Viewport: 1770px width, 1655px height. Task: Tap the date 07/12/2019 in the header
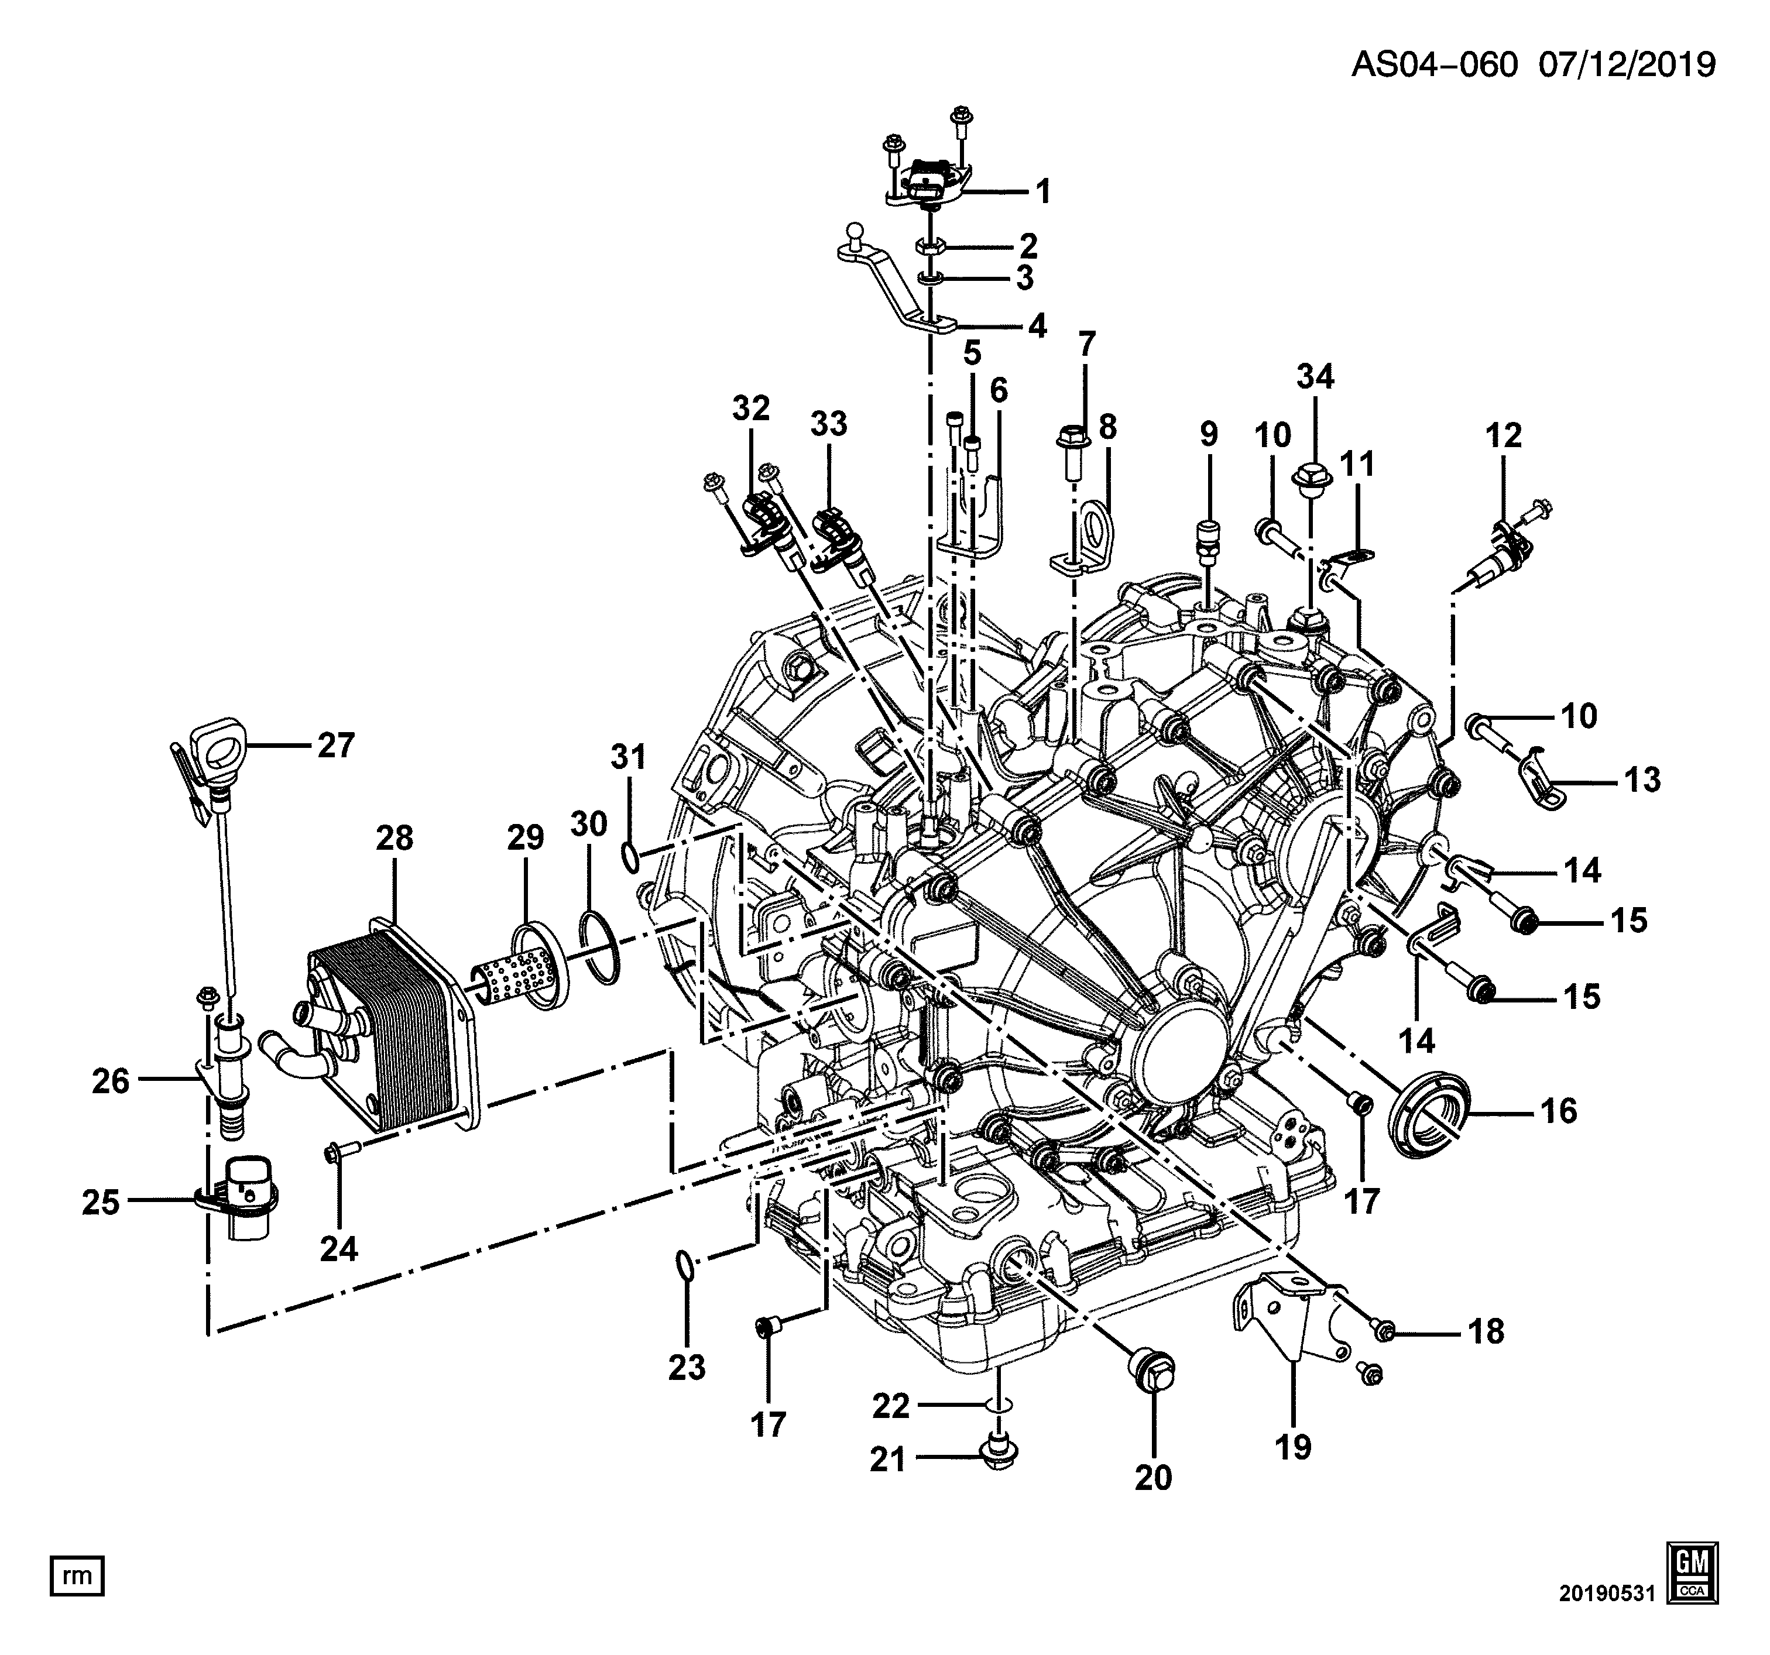(1627, 64)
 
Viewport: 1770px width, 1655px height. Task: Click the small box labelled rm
(77, 1576)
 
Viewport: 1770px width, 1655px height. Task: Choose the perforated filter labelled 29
(521, 968)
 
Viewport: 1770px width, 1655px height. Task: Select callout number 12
(1504, 435)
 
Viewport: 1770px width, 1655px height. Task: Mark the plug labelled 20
(1153, 1380)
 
